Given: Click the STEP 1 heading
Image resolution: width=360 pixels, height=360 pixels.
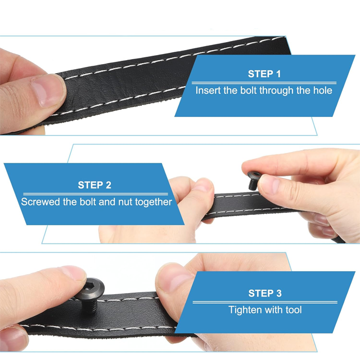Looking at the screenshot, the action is [x=264, y=74].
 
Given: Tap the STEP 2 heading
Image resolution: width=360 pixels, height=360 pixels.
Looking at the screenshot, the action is [x=94, y=185].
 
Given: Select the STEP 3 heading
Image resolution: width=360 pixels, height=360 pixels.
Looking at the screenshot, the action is [x=265, y=294].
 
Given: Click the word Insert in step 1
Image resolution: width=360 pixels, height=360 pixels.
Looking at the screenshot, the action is [x=208, y=91].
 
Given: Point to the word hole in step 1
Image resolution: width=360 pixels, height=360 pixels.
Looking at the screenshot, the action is [x=323, y=91].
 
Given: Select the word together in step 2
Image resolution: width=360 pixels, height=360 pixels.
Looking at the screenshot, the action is [x=154, y=202].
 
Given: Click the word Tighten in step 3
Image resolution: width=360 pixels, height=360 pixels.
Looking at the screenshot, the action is [x=244, y=310].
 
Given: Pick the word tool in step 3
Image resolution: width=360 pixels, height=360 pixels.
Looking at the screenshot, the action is [x=294, y=310].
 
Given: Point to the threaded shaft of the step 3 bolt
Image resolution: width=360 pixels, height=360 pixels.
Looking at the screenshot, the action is [x=90, y=305].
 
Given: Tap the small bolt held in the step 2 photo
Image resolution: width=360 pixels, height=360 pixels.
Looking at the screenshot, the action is [x=254, y=180].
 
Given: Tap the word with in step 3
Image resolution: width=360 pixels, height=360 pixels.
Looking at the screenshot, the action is [x=272, y=310].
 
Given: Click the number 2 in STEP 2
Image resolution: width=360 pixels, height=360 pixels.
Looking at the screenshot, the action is [x=109, y=185].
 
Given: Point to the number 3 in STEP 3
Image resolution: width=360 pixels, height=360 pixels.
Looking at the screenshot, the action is [x=279, y=294].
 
